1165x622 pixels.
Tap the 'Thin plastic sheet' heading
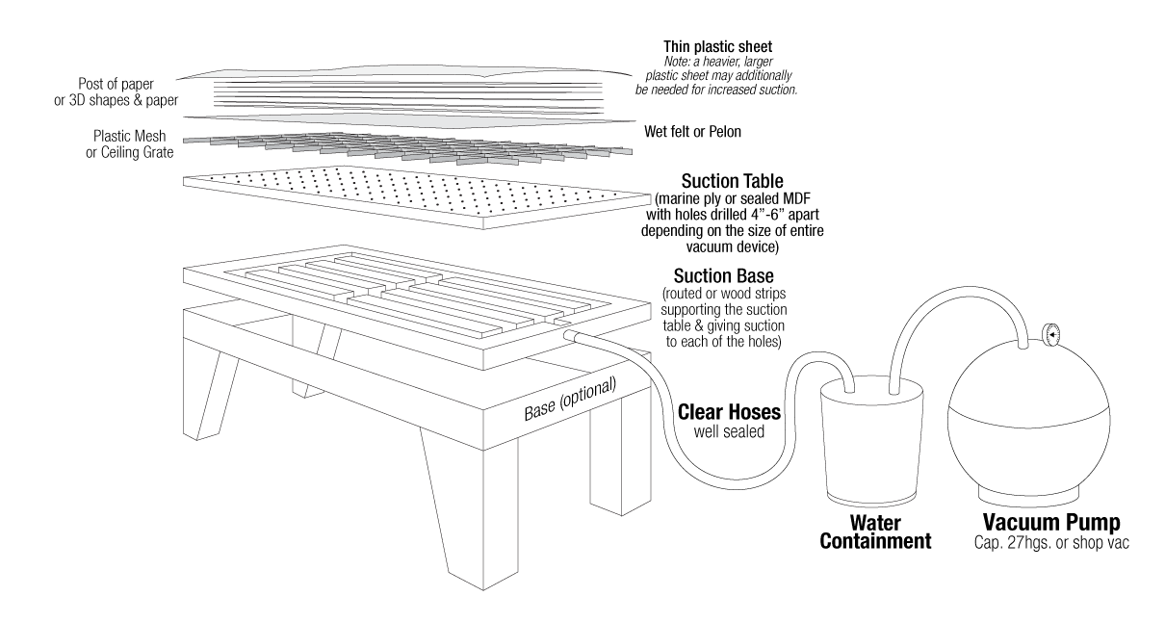719,45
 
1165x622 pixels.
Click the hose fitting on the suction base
570,336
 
